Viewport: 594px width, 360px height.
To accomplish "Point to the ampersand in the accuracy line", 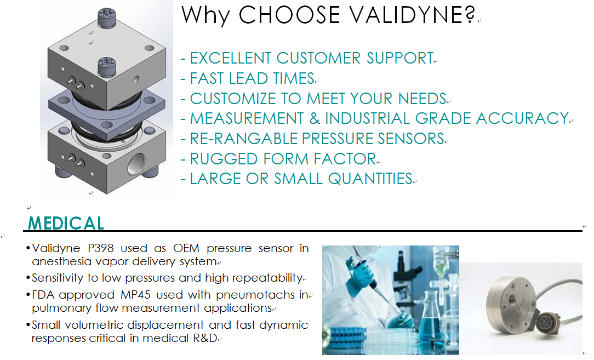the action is [315, 118].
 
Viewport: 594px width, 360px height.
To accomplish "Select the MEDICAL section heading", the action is [66, 223].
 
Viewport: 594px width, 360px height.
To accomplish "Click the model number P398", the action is [101, 248].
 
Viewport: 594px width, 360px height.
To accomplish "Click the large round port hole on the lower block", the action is [135, 164].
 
